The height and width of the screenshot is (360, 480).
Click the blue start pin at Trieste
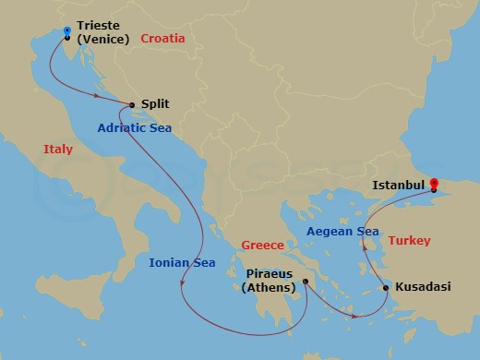[x=67, y=31]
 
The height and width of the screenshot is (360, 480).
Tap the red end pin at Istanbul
[x=434, y=172]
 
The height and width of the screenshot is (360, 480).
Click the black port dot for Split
[x=133, y=105]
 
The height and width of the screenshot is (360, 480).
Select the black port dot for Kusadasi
[x=385, y=288]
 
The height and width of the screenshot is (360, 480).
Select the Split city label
[x=156, y=106]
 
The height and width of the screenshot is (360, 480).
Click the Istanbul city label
[x=398, y=185]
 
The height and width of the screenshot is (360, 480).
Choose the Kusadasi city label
[x=423, y=287]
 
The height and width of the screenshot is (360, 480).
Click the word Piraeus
[x=270, y=274]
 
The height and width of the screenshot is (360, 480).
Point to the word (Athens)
[x=269, y=288]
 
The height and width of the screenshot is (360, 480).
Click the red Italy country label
[x=57, y=149]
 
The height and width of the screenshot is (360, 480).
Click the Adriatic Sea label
[x=135, y=128]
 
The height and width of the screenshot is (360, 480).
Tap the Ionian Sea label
[x=182, y=263]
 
